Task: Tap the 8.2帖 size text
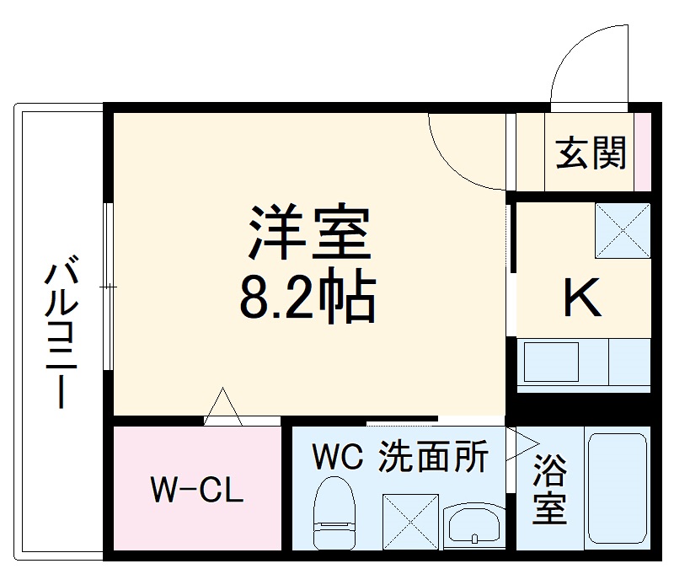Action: pos(308,297)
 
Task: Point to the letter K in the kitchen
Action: pos(582,297)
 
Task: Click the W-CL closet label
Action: pos(196,489)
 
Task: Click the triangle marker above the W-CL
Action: pos(223,406)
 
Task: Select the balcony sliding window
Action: pos(108,287)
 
